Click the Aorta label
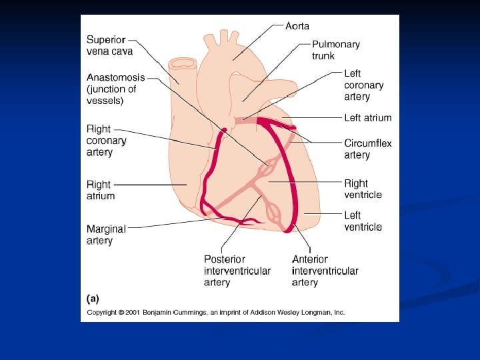coord(297,26)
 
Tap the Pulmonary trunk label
coord(335,50)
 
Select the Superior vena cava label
coord(109,45)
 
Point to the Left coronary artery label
coord(363,85)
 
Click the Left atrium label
coord(367,118)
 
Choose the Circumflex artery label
coord(367,149)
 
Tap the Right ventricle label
coord(363,189)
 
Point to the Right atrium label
coord(101,190)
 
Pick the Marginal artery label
coord(105,235)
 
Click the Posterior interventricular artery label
coord(237,271)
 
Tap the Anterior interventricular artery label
coord(325,271)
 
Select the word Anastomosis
coord(115,77)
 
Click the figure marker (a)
coord(93,299)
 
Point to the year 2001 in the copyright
coord(136,312)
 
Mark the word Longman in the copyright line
coord(318,312)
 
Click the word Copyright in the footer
coord(102,312)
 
